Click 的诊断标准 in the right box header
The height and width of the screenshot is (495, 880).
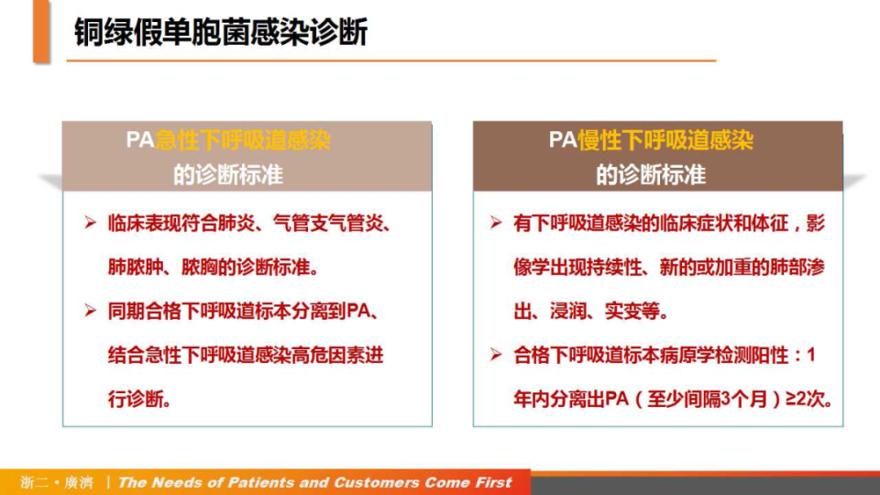pyautogui.click(x=651, y=174)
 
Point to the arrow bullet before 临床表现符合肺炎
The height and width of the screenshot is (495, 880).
pyautogui.click(x=90, y=224)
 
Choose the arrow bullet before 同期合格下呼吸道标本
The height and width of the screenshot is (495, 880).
pyautogui.click(x=90, y=312)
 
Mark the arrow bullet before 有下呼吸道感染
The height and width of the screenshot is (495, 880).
pyautogui.click(x=496, y=224)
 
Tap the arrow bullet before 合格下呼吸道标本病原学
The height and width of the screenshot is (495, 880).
pyautogui.click(x=496, y=356)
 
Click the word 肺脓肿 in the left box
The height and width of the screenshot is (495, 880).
pyautogui.click(x=134, y=268)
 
